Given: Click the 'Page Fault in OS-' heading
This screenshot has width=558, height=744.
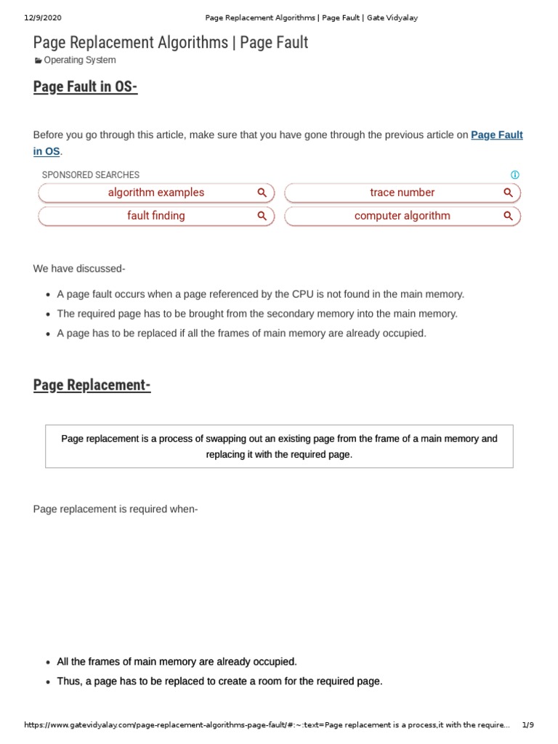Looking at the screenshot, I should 85,87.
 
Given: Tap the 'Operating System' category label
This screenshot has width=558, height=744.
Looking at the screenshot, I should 79,60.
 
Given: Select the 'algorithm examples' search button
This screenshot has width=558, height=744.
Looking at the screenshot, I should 155,193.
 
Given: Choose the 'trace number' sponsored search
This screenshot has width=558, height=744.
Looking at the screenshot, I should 402,193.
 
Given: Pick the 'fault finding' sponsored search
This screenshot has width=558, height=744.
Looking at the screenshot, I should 155,216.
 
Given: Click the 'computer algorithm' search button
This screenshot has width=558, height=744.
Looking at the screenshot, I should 402,216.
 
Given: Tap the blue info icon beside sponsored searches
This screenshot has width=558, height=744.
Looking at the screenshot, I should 515,175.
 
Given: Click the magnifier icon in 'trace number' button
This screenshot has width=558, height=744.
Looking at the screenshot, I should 508,193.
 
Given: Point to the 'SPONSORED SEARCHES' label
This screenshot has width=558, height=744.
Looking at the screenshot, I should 91,175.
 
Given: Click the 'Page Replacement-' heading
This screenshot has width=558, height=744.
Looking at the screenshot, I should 92,385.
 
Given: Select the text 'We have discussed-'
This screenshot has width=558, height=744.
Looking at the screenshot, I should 79,269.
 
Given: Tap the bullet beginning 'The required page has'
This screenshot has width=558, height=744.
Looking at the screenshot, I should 257,314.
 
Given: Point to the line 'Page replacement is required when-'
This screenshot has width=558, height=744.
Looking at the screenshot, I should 116,509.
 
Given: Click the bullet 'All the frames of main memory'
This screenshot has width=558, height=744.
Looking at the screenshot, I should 177,662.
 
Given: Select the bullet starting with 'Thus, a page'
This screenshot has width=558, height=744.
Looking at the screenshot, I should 219,682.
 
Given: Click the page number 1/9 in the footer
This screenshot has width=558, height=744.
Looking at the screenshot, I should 528,725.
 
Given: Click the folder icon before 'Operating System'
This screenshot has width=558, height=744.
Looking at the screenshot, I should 39,61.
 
